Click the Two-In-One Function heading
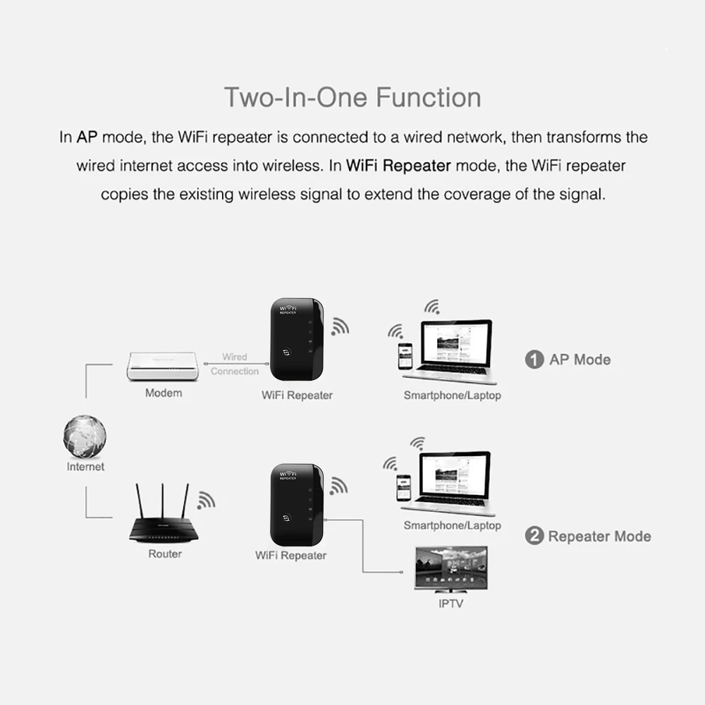[352, 97]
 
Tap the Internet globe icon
[85, 436]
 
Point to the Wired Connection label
[235, 364]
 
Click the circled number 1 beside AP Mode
[534, 360]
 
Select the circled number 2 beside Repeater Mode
[534, 537]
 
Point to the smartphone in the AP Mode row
[405, 357]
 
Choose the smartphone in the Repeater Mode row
[403, 487]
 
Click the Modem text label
[164, 393]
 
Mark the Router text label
[165, 554]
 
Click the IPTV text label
[451, 603]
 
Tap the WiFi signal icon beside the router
[205, 500]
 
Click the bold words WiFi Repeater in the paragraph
[399, 166]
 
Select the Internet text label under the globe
[85, 467]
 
